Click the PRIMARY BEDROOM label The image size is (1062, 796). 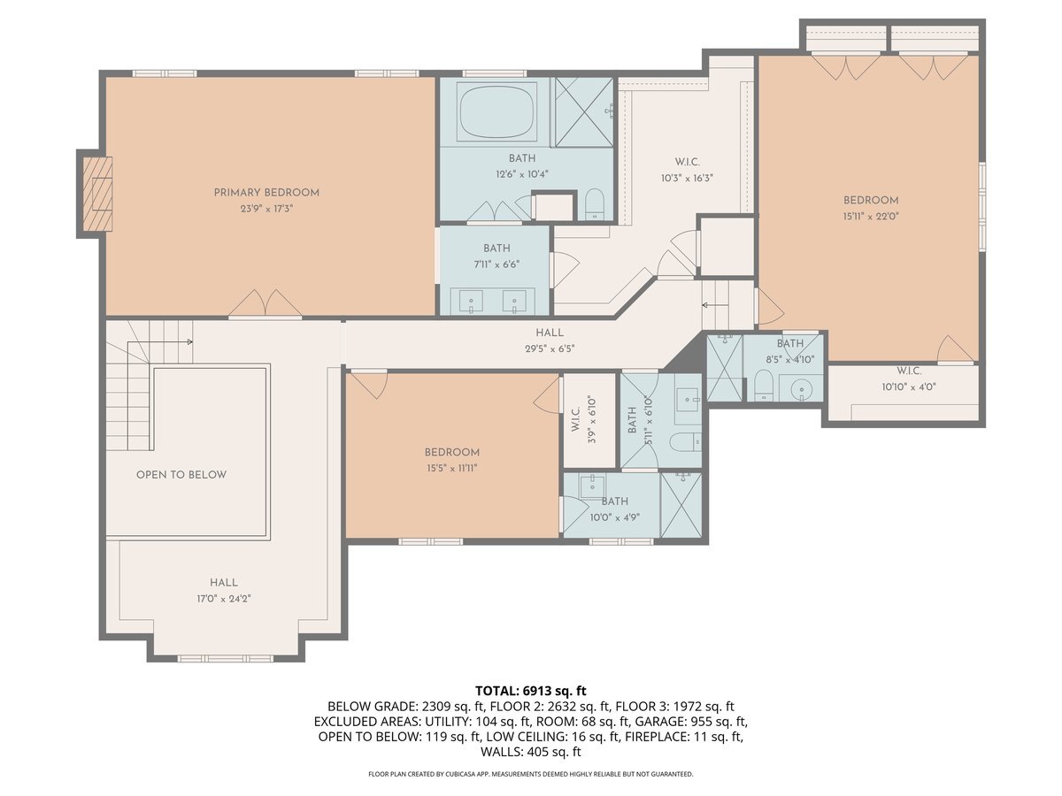point(266,192)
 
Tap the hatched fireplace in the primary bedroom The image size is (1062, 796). point(97,194)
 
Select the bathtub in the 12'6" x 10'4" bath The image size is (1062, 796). point(496,112)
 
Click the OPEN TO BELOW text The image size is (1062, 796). point(181,475)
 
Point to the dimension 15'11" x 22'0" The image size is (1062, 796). point(871,216)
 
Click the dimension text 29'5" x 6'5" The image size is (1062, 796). point(550,348)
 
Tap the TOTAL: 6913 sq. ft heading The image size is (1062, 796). point(531,691)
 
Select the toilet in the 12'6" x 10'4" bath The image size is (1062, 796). point(595,204)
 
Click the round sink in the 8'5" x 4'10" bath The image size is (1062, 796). point(802,388)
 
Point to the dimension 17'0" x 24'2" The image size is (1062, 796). point(224,599)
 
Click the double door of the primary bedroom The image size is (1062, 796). point(265,303)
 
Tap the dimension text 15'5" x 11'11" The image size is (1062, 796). point(451,468)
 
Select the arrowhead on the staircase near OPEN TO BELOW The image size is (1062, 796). point(190,341)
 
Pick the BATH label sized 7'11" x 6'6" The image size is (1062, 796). point(496,248)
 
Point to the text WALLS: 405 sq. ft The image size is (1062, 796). point(531,752)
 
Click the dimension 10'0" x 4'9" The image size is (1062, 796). point(614,517)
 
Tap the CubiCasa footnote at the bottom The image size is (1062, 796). point(531,774)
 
